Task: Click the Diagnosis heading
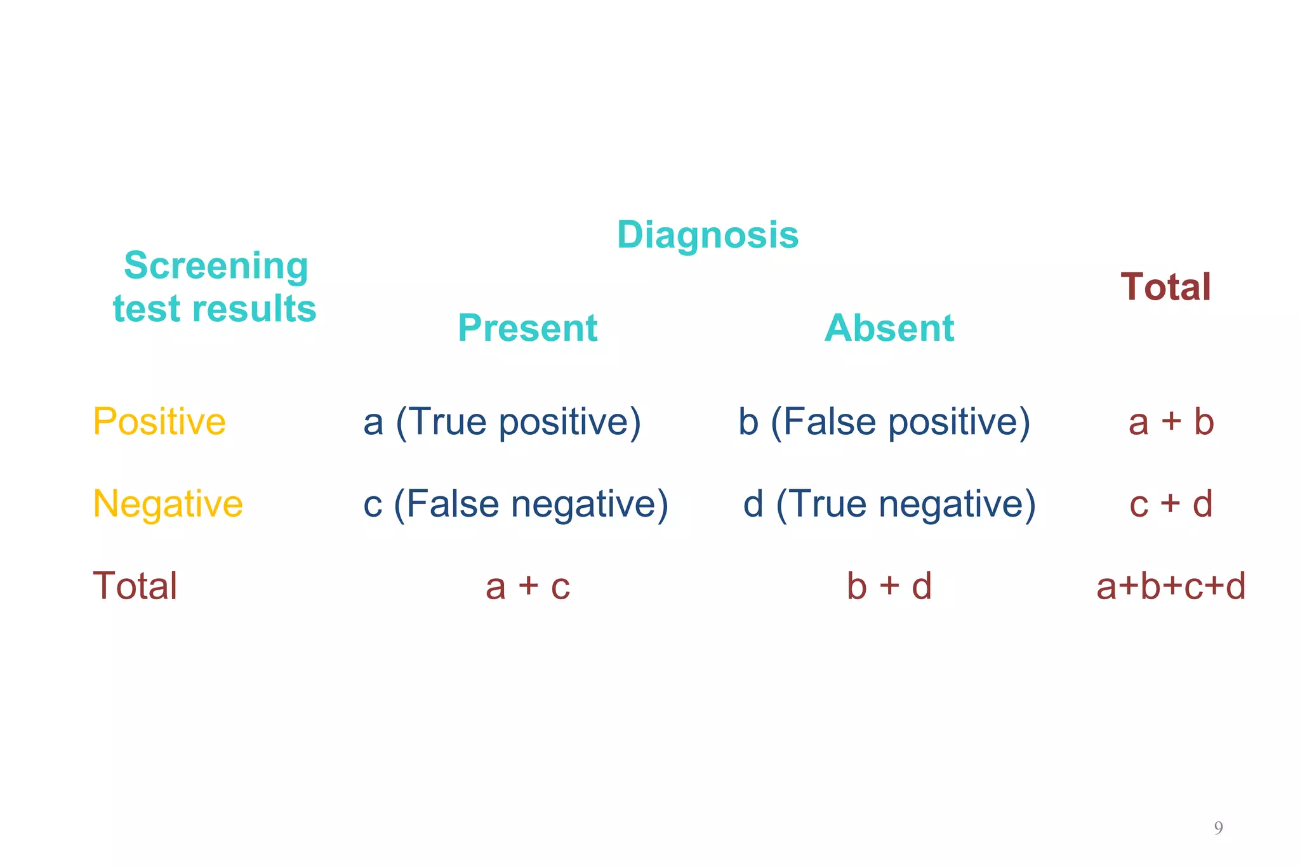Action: [707, 235]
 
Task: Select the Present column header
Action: [527, 328]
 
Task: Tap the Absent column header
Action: [889, 328]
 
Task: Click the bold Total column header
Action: [1165, 287]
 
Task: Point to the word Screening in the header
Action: [216, 265]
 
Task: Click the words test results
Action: [215, 309]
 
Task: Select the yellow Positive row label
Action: [159, 421]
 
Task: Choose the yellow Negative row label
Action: [168, 504]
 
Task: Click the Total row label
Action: [135, 586]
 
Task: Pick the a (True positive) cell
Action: [501, 422]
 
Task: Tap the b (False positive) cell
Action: [884, 422]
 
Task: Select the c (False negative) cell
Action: [515, 505]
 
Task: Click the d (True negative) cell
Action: [889, 505]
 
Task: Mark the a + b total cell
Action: [1171, 422]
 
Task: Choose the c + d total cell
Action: [1171, 505]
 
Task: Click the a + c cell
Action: [527, 586]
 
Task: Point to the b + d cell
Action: [889, 586]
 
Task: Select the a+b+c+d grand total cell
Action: [1171, 586]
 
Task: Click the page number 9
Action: [1218, 828]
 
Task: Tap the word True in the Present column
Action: [451, 422]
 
